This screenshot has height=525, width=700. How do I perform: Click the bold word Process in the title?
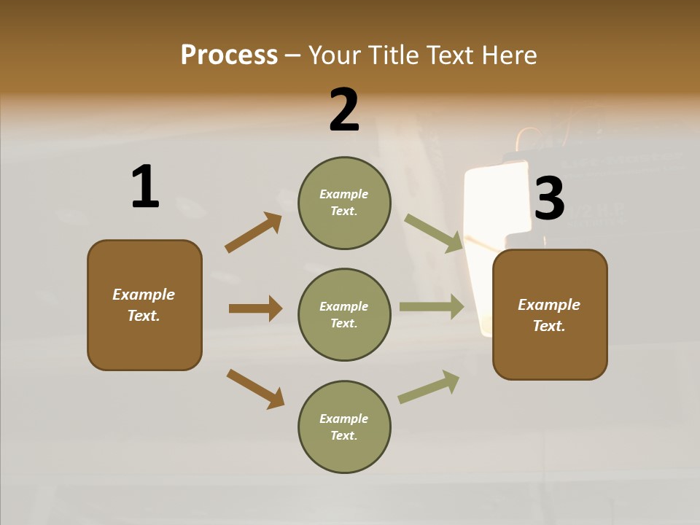[229, 55]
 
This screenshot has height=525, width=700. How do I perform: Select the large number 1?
[145, 187]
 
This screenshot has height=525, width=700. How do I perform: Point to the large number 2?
[344, 110]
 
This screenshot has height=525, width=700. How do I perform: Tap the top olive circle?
[344, 203]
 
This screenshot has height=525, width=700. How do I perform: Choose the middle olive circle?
[344, 315]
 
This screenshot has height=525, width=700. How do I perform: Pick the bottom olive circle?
[344, 427]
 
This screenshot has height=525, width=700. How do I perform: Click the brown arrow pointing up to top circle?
[253, 233]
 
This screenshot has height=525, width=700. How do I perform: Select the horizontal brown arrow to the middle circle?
[255, 308]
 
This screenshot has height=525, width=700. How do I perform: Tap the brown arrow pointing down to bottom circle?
[255, 389]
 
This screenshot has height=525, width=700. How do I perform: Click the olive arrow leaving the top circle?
[433, 233]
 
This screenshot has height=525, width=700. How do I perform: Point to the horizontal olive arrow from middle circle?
[432, 307]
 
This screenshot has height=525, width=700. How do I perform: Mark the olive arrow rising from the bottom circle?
[429, 386]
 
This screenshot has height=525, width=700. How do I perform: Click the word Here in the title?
[509, 55]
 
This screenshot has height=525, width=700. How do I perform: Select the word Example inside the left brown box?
[144, 295]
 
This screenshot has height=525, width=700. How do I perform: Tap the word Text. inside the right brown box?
[549, 326]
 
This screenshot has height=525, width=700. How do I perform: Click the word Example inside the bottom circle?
[344, 419]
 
